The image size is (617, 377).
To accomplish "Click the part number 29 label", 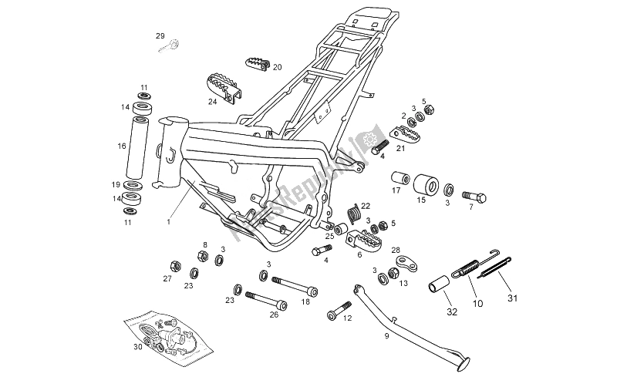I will (160, 36).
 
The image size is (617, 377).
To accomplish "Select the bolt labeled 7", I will (474, 197).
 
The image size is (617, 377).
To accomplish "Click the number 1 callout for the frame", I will (167, 220).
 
